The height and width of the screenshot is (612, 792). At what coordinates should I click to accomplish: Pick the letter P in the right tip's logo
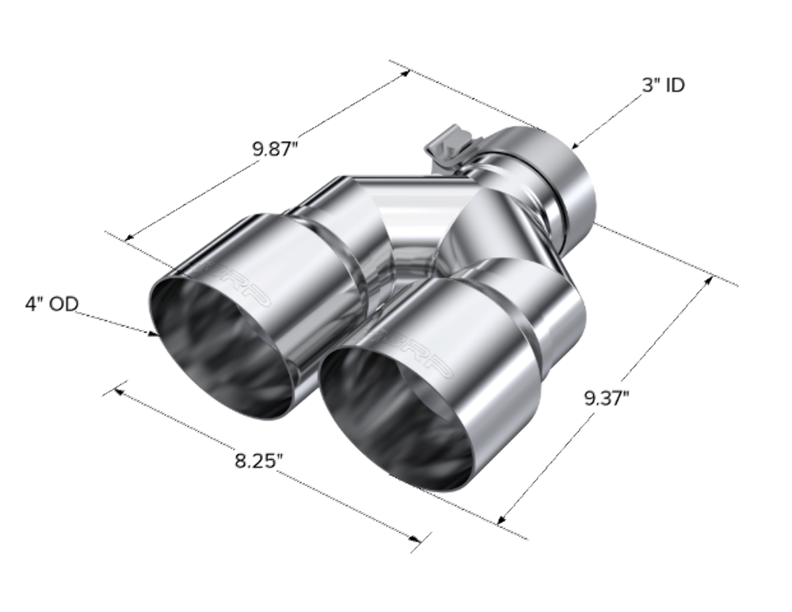[x=449, y=372]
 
